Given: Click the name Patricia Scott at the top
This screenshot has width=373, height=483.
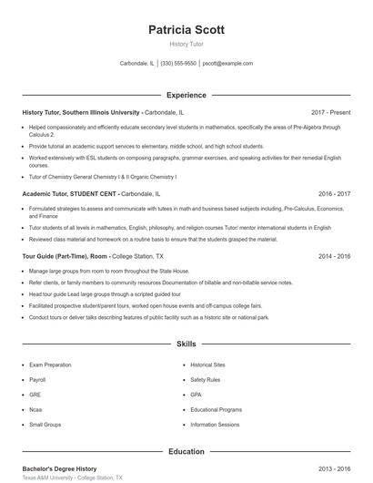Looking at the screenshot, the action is click(x=186, y=29).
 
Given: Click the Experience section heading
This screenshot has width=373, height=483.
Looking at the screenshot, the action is click(x=186, y=95).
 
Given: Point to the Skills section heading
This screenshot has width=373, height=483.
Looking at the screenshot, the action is click(x=186, y=345).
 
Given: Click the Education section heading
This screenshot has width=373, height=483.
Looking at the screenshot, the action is click(x=186, y=451).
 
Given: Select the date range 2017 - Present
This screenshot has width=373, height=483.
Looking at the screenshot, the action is click(x=330, y=112).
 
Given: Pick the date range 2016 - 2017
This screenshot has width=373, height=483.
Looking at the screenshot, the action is click(x=334, y=194).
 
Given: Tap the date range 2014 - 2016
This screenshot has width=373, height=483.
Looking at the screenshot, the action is click(x=334, y=257).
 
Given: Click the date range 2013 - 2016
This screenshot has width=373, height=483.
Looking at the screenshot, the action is click(x=334, y=468).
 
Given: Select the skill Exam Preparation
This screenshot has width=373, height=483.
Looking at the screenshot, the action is click(x=50, y=365).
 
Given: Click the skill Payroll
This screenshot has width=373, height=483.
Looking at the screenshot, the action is click(x=37, y=379).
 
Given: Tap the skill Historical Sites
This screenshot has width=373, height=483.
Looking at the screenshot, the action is click(x=207, y=365).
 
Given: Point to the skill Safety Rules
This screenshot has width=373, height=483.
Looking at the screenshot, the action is click(x=206, y=379).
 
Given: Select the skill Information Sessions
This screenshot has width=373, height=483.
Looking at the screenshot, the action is click(x=215, y=425).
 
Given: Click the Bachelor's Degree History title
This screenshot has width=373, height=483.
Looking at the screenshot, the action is click(x=59, y=468).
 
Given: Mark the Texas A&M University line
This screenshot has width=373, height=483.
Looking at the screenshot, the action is click(x=72, y=478).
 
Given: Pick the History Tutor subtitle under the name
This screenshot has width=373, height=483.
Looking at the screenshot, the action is click(x=186, y=44).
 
